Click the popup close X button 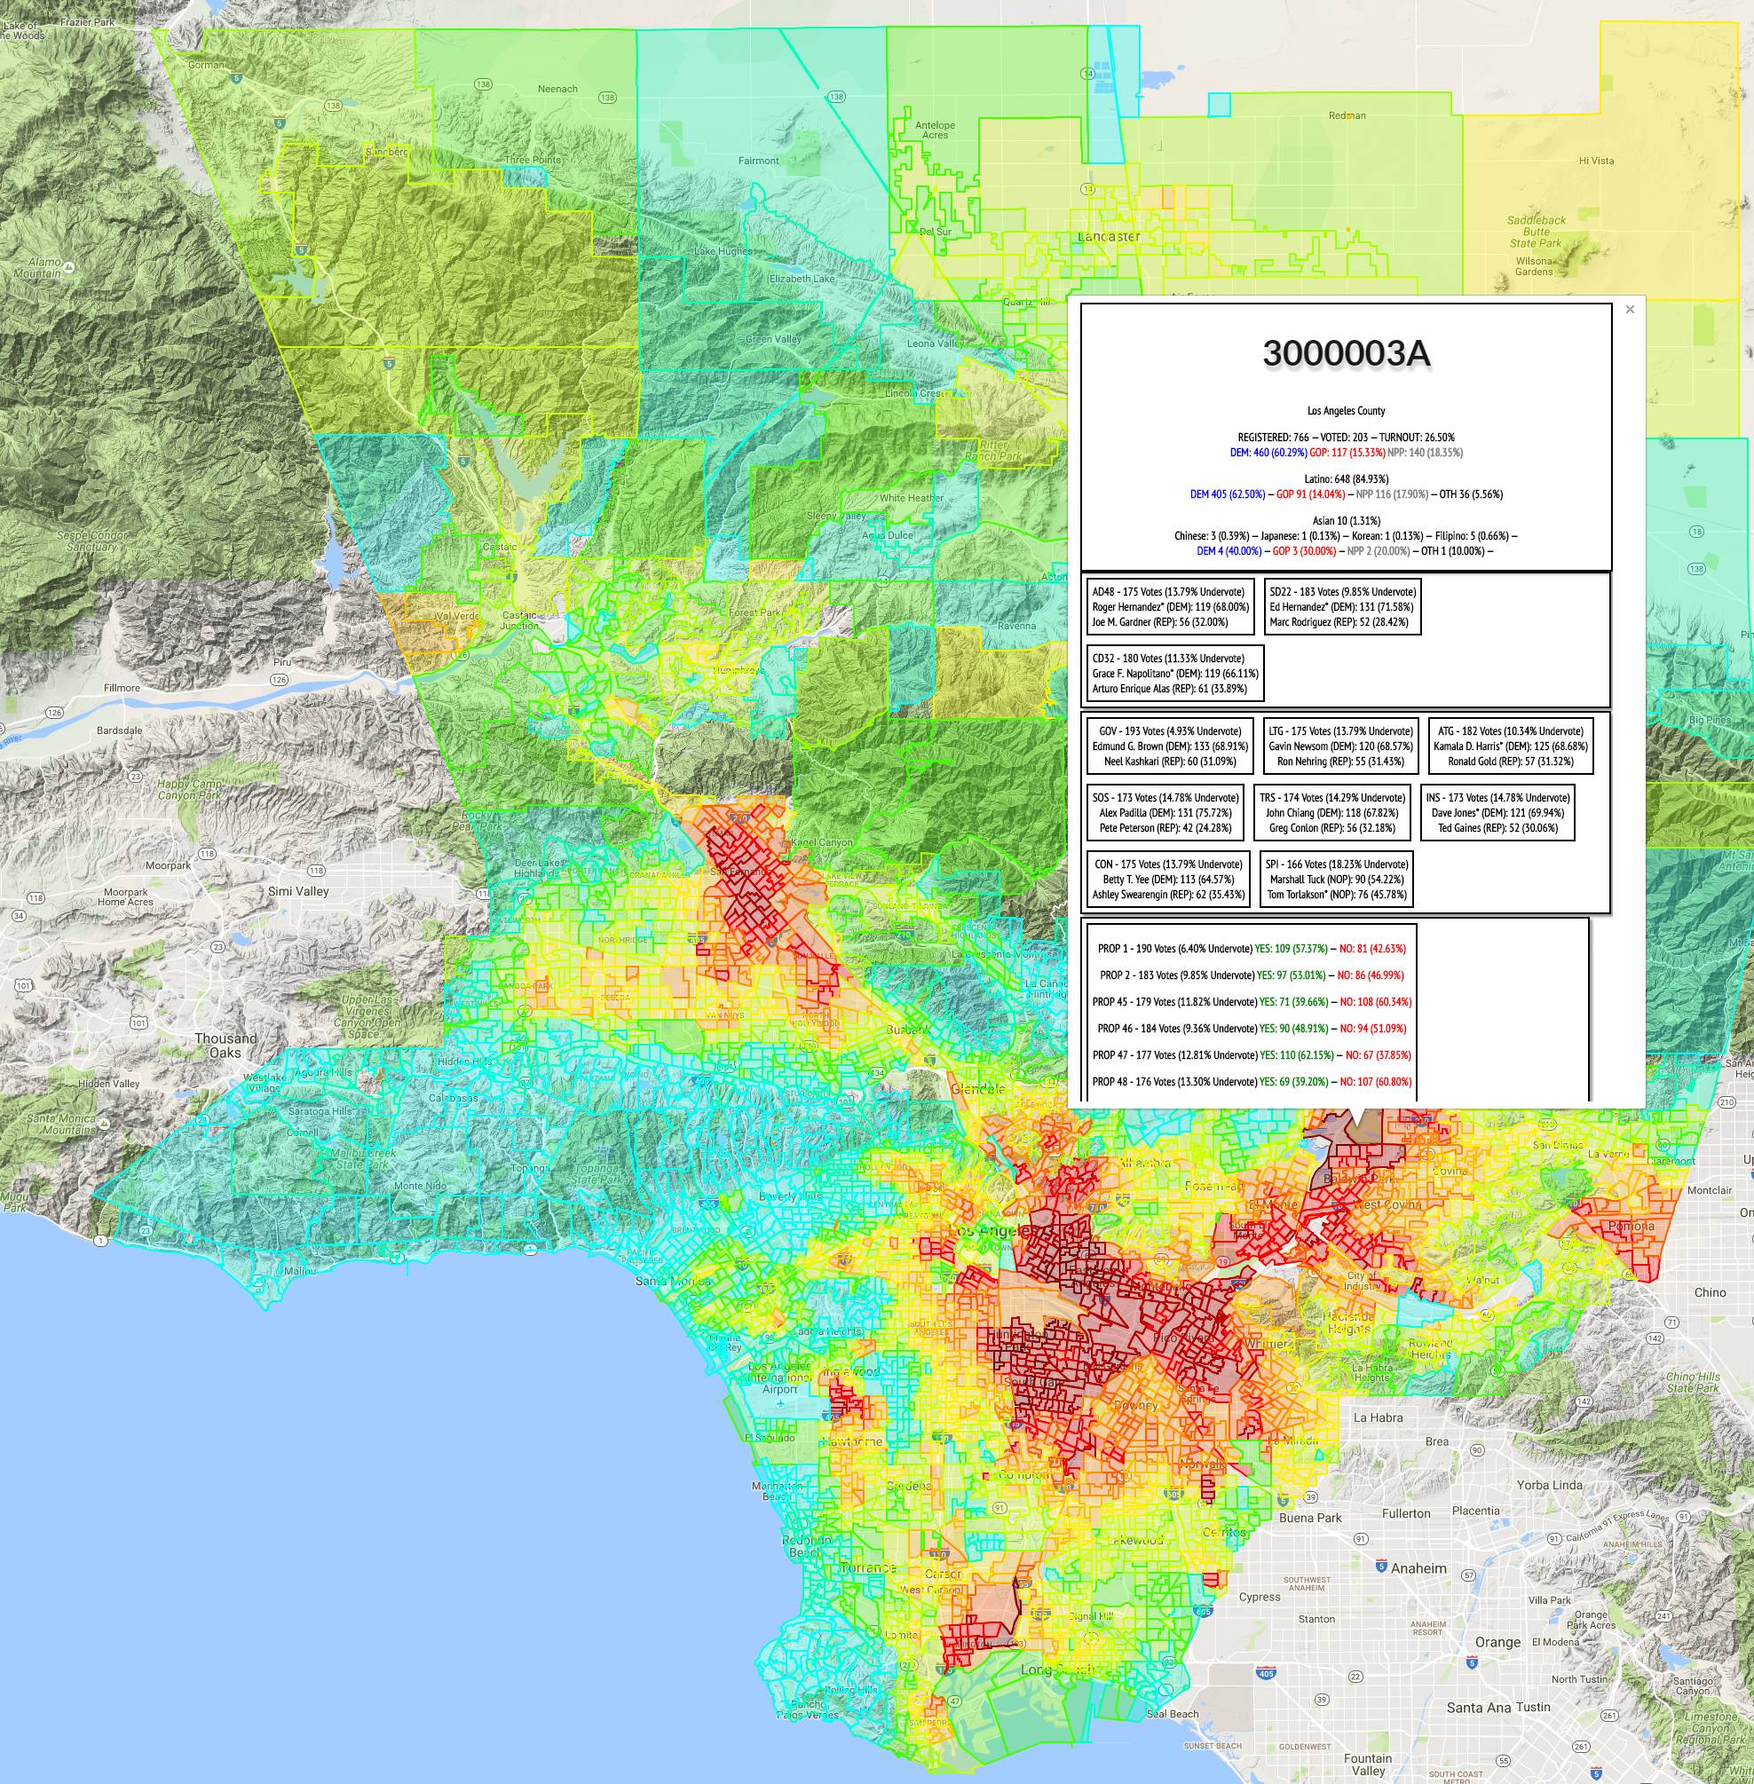point(1630,310)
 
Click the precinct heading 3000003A point(1346,353)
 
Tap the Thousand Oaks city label point(225,1046)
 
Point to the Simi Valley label point(297,891)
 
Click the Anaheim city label point(1418,1568)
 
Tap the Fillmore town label point(122,688)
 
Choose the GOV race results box point(1170,746)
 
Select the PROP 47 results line point(1251,1055)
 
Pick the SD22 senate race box point(1341,607)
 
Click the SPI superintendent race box point(1336,880)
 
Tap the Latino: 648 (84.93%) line point(1346,479)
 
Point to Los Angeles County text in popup point(1346,411)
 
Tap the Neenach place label point(557,90)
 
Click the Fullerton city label point(1406,1513)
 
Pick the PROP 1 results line point(1251,949)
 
